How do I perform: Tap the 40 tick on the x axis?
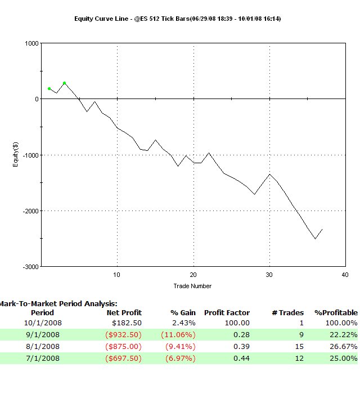(344, 275)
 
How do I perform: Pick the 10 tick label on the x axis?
(117, 275)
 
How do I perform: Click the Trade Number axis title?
(193, 286)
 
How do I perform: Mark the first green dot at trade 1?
(49, 88)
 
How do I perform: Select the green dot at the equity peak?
(65, 83)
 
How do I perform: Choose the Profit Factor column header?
(227, 312)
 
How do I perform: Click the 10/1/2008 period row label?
(43, 323)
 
